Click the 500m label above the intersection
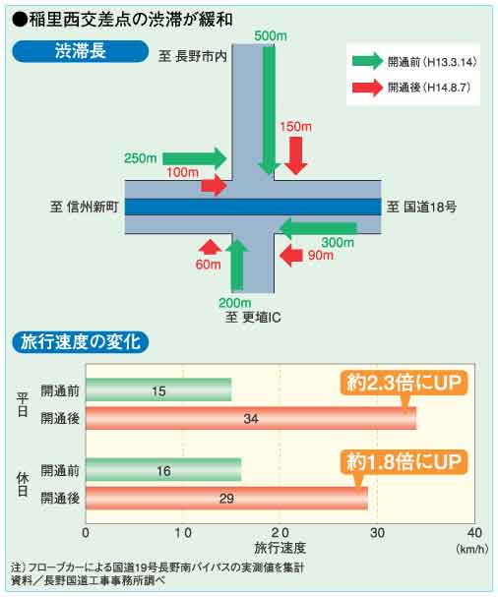click(x=271, y=36)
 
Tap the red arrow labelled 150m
click(x=295, y=155)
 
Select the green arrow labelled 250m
click(x=195, y=158)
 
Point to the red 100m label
click(x=182, y=172)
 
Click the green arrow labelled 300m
click(x=318, y=227)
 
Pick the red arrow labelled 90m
click(x=290, y=255)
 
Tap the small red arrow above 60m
click(x=210, y=247)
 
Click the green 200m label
click(x=234, y=303)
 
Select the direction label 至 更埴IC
click(x=253, y=317)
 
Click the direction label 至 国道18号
click(x=421, y=207)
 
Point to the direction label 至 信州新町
click(x=85, y=207)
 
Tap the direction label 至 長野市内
click(x=193, y=56)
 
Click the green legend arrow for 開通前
click(x=367, y=61)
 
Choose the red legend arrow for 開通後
click(x=367, y=88)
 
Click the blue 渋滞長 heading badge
click(x=80, y=51)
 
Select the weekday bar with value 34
click(x=251, y=418)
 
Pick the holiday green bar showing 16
click(x=163, y=470)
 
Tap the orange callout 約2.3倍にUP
click(x=404, y=384)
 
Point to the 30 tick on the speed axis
click(x=377, y=533)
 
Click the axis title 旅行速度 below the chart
click(x=280, y=548)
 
